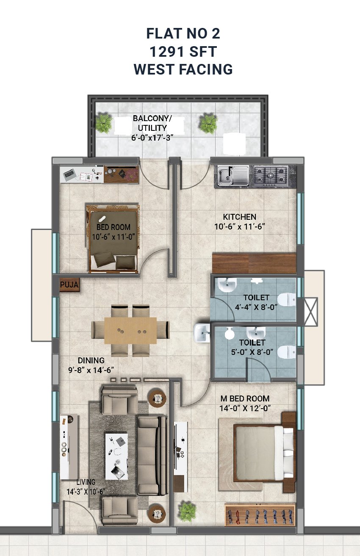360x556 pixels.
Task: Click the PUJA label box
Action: pyautogui.click(x=69, y=285)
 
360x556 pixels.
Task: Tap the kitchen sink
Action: pyautogui.click(x=233, y=176)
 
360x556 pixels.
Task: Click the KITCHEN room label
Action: pyautogui.click(x=239, y=217)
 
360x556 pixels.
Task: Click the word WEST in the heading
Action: pyautogui.click(x=153, y=69)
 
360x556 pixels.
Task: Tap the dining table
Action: pyautogui.click(x=130, y=330)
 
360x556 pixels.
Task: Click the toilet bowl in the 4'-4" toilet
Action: pyautogui.click(x=287, y=299)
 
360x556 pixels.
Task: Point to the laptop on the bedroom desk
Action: pyautogui.click(x=69, y=174)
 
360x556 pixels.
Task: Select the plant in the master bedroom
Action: pyautogui.click(x=188, y=511)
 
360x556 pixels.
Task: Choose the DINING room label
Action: pyautogui.click(x=91, y=360)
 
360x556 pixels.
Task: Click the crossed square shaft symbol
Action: pyautogui.click(x=311, y=312)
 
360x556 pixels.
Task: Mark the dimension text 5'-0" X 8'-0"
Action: pyautogui.click(x=252, y=352)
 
